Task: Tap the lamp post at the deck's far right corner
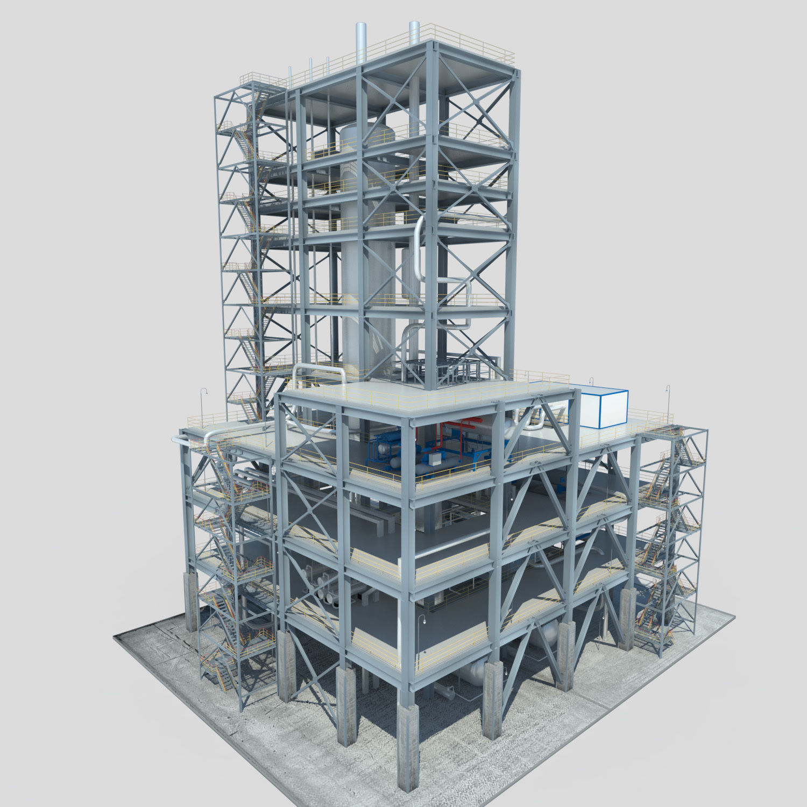click(x=668, y=403)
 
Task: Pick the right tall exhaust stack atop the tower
click(x=414, y=33)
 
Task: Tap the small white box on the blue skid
click(x=432, y=458)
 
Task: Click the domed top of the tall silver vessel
click(x=366, y=132)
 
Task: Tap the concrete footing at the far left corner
click(x=191, y=603)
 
